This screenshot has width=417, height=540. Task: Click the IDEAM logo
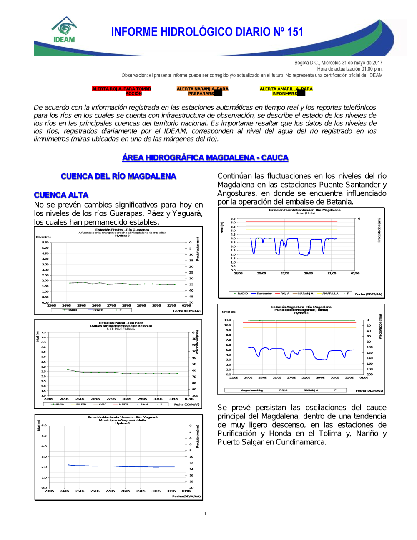pyautogui.click(x=64, y=30)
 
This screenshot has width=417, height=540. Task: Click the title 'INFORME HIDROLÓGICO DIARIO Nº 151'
pyautogui.click(x=207, y=32)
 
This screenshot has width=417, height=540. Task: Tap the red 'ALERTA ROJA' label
pyautogui.click(x=121, y=91)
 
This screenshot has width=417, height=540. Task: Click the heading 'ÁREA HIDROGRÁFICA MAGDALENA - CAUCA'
pyautogui.click(x=205, y=157)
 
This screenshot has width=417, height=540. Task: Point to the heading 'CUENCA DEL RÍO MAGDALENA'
pyautogui.click(x=118, y=176)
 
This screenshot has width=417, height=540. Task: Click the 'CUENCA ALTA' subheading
pyautogui.click(x=61, y=195)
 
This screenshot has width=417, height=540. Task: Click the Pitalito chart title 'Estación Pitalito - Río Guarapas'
pyautogui.click(x=122, y=230)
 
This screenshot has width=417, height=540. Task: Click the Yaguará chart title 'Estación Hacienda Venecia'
pyautogui.click(x=122, y=417)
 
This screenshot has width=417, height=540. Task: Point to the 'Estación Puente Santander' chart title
pyautogui.click(x=304, y=210)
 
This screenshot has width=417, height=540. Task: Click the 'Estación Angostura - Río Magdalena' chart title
pyautogui.click(x=301, y=307)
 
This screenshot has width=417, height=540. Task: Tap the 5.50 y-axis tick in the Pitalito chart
pyautogui.click(x=45, y=243)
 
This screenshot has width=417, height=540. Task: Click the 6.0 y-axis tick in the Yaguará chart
pyautogui.click(x=44, y=426)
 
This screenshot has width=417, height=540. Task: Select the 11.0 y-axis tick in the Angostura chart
pyautogui.click(x=227, y=320)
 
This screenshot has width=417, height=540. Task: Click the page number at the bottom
pyautogui.click(x=205, y=514)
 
